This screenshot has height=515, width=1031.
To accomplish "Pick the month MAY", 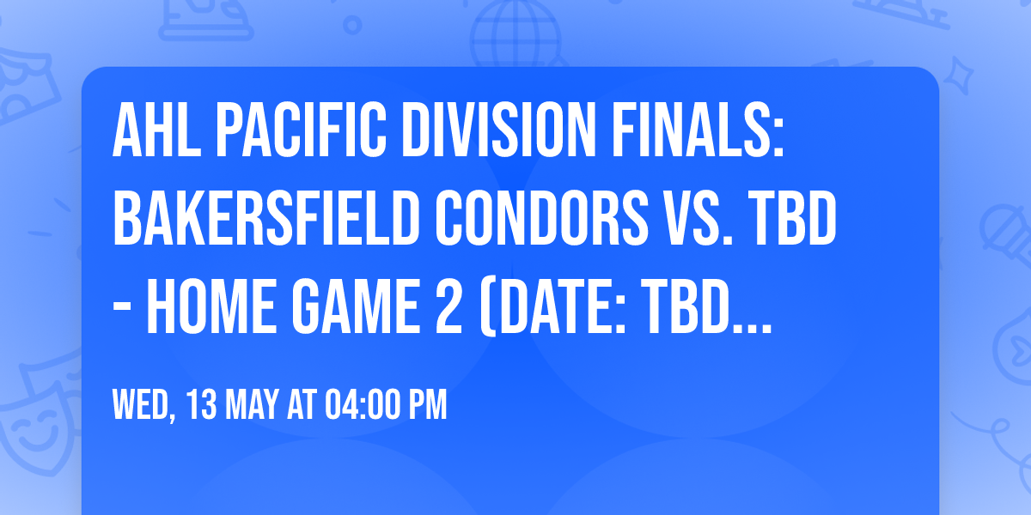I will tap(247, 405).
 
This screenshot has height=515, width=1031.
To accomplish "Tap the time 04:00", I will tap(359, 405).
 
